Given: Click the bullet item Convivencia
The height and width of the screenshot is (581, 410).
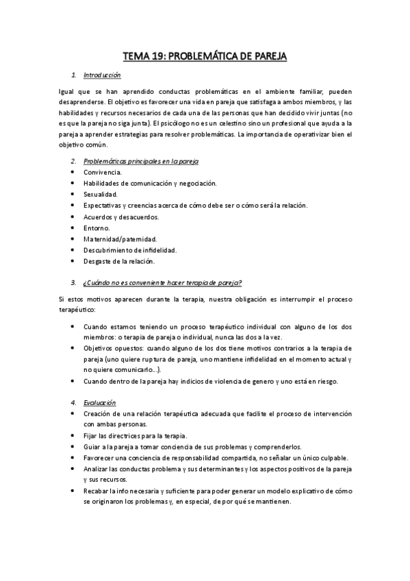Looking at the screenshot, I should click(x=102, y=172).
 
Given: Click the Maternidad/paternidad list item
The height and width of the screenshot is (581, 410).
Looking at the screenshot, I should click(x=120, y=239).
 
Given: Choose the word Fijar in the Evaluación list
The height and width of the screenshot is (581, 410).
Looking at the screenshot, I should click(x=90, y=436).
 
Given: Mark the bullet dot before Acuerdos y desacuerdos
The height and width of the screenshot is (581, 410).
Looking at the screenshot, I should click(x=73, y=217).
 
